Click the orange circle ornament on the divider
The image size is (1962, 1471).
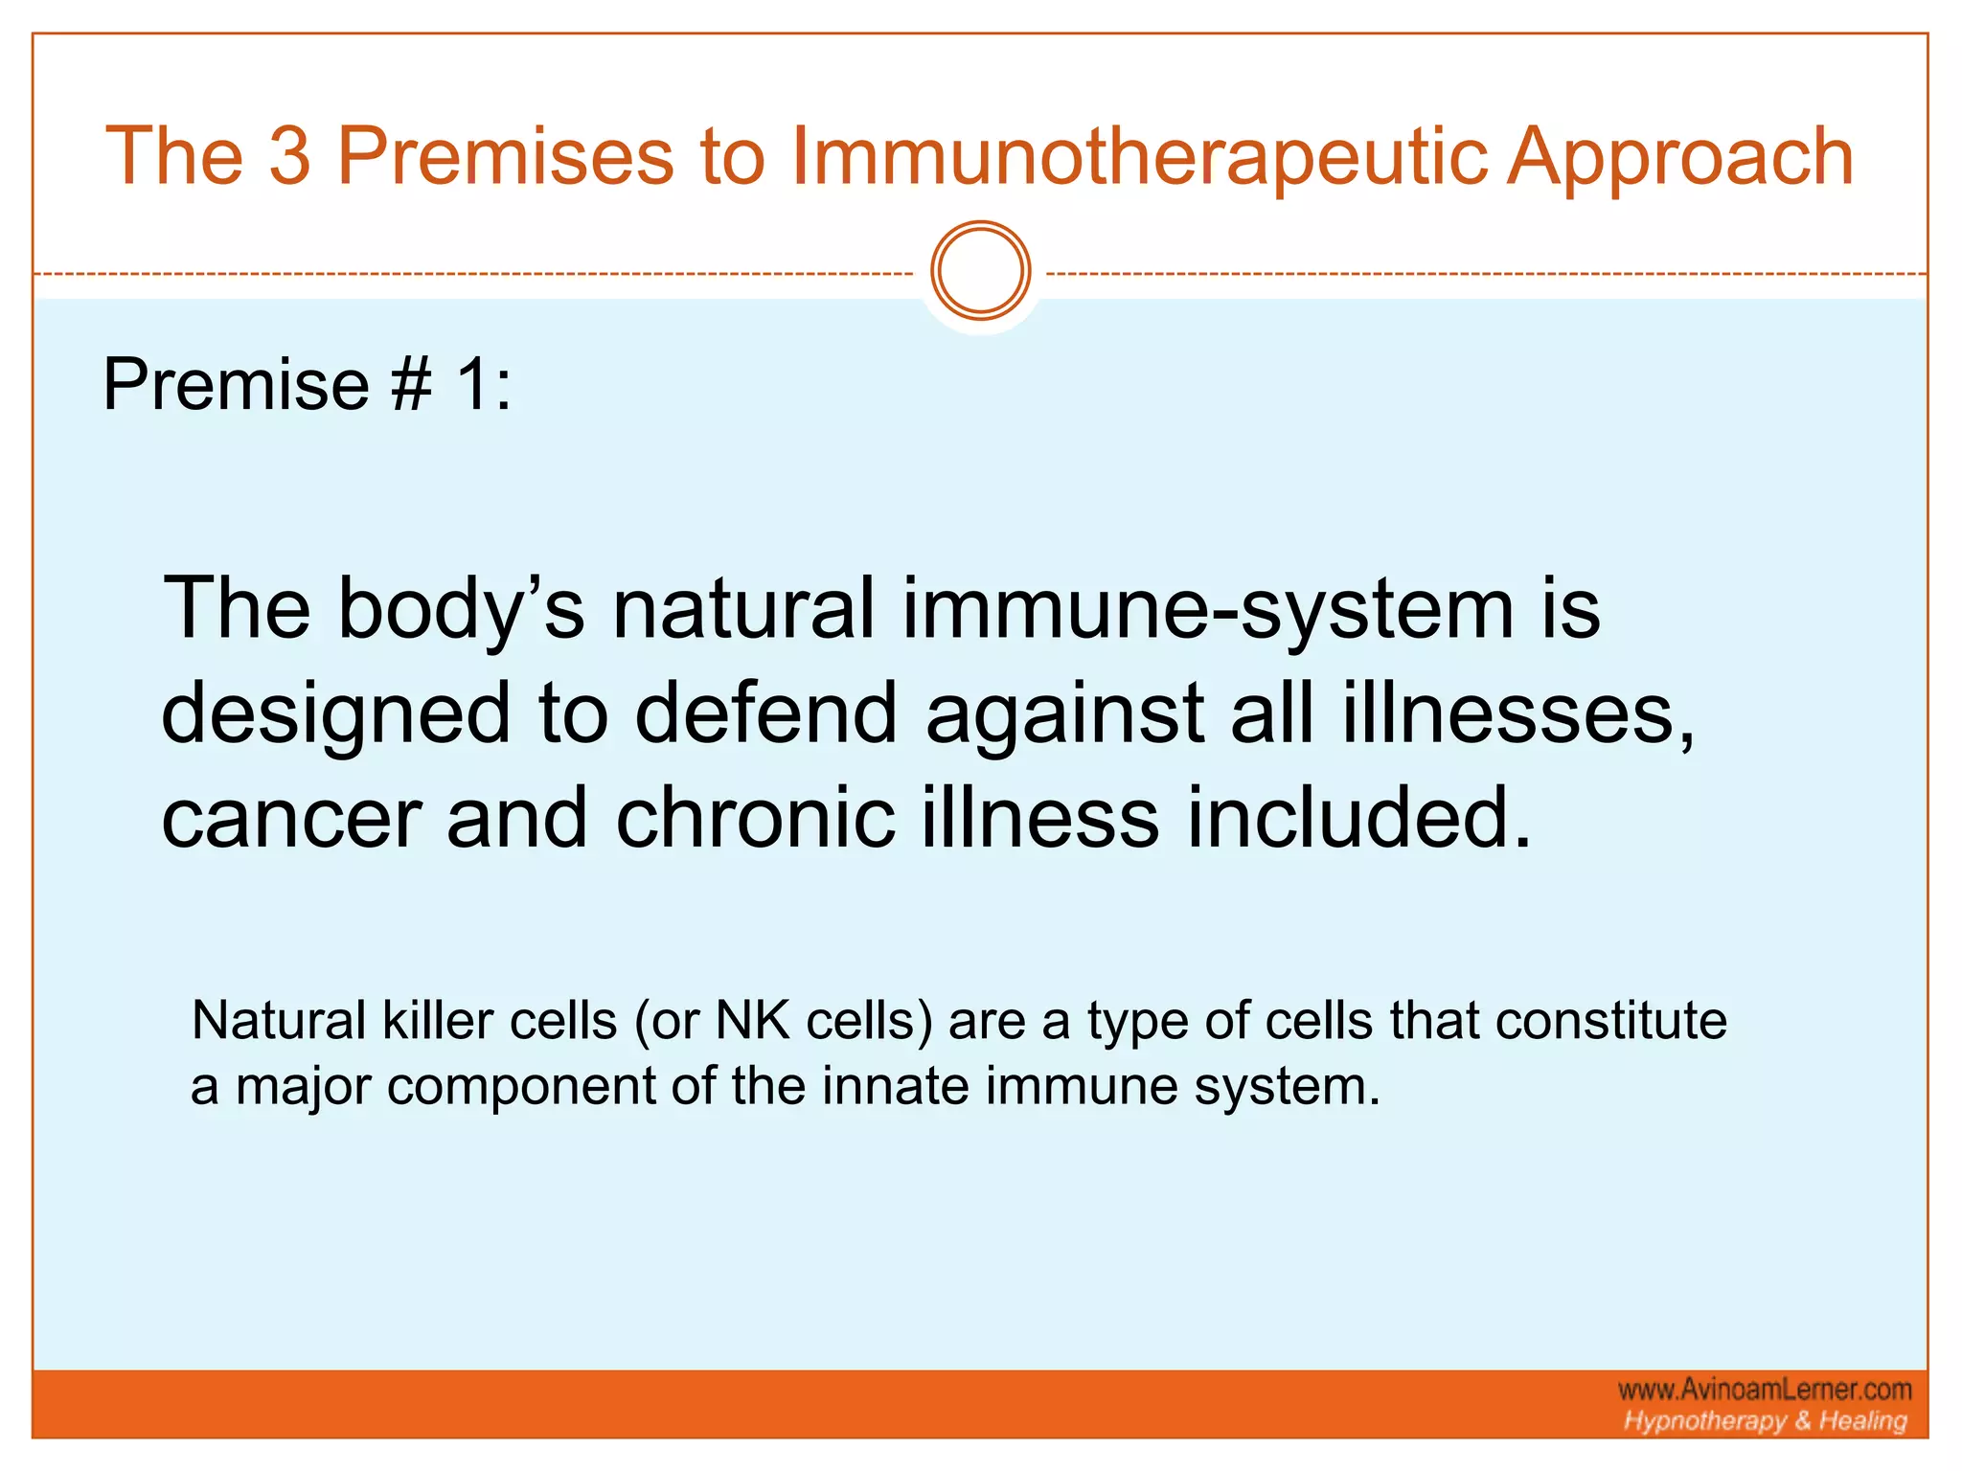[x=980, y=271]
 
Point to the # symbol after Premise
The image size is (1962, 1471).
[x=412, y=384]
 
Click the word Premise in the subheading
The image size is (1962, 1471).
[x=236, y=384]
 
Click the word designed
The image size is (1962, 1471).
[x=335, y=716]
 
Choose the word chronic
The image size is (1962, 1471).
[x=755, y=820]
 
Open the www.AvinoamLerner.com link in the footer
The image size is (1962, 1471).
[x=1765, y=1390]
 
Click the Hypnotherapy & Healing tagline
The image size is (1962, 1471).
[x=1765, y=1421]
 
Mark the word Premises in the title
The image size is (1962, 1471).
[x=506, y=157]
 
